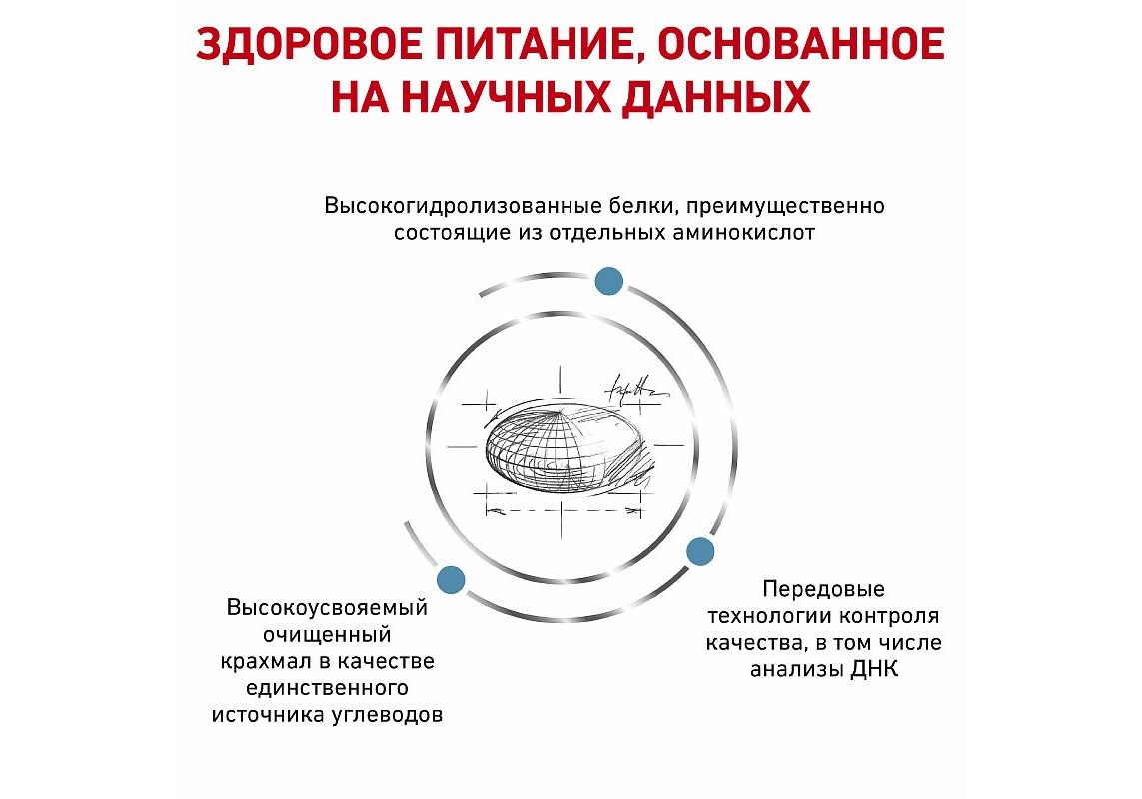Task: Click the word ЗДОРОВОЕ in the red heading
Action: [x=310, y=44]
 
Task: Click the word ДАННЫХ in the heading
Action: [x=716, y=98]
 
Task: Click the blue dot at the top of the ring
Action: [x=608, y=281]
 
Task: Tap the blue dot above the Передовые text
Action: [x=700, y=551]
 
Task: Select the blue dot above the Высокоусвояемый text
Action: [x=451, y=579]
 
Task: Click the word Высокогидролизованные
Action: [x=464, y=206]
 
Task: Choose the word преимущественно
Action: [x=784, y=207]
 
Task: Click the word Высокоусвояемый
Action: [x=327, y=608]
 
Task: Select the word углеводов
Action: [x=387, y=715]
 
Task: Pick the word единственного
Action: [x=327, y=688]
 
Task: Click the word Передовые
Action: [x=823, y=589]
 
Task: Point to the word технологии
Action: [x=770, y=616]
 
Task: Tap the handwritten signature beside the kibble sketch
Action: [x=635, y=389]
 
